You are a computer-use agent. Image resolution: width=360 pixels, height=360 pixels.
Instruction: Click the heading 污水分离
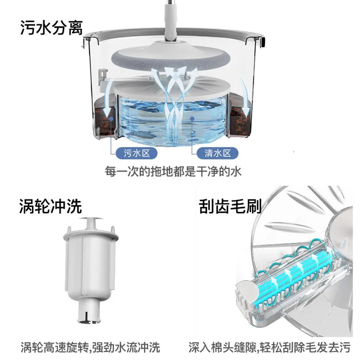(x=51, y=27)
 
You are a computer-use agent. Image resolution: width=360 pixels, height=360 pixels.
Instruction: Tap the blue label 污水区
(x=136, y=153)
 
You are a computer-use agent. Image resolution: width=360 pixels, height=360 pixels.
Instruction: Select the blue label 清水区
(x=217, y=153)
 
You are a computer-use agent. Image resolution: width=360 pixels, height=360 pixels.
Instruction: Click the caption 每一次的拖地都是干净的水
(x=173, y=171)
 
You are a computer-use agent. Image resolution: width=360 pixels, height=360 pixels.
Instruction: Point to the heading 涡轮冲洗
(x=50, y=206)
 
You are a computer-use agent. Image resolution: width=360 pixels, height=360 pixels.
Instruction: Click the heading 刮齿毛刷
(x=230, y=206)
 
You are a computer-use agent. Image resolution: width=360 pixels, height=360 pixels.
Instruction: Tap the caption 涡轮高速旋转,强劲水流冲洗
(x=90, y=347)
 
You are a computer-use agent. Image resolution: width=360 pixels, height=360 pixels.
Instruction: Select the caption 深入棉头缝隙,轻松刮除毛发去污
(x=269, y=347)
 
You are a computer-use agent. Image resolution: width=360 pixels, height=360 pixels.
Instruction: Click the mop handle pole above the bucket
(x=171, y=20)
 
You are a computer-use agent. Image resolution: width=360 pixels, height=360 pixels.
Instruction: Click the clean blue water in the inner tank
(x=172, y=119)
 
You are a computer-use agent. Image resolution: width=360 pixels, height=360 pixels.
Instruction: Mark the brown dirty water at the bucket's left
(x=105, y=120)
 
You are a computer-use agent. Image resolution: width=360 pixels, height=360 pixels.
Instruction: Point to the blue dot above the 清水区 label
(x=192, y=118)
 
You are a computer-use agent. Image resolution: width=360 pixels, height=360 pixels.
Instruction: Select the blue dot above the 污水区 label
(x=111, y=118)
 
